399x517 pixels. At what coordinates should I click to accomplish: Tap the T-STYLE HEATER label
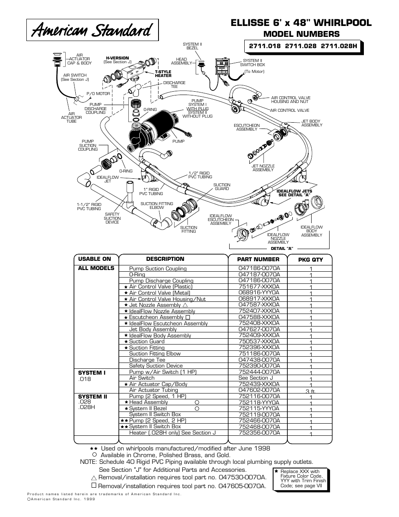tap(163, 74)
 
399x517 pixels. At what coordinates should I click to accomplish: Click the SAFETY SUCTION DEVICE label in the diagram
tap(112, 218)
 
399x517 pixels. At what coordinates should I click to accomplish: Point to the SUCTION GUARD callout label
tap(222, 187)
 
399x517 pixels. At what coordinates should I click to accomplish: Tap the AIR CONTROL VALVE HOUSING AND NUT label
tap(291, 100)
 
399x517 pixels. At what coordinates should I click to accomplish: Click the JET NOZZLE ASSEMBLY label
tap(263, 168)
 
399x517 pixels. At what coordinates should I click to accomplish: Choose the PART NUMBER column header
tap(258, 260)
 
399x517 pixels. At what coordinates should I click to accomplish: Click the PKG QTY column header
tap(310, 260)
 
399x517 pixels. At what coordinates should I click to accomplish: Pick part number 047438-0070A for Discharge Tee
tap(259, 360)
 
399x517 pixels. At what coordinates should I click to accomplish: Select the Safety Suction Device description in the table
tap(156, 366)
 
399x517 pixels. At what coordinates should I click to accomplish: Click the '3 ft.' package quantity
tap(310, 391)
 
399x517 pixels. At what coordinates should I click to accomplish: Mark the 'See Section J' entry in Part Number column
tap(255, 378)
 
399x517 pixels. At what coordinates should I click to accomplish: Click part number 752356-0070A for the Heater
tap(259, 432)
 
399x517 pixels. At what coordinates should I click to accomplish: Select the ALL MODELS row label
tap(96, 268)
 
